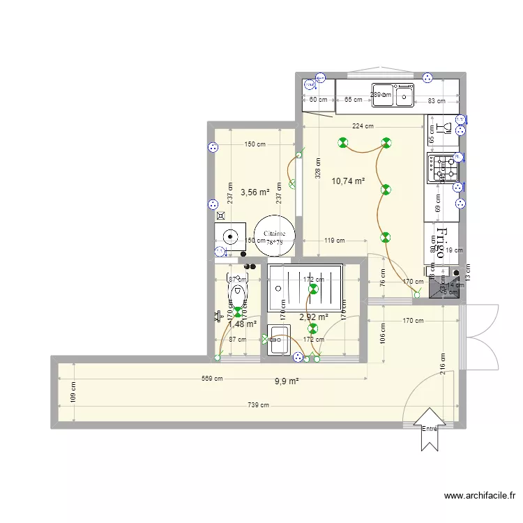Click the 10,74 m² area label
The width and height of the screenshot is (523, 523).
click(x=348, y=181)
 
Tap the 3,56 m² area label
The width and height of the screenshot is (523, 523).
click(x=255, y=192)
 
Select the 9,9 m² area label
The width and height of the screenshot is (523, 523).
click(x=287, y=381)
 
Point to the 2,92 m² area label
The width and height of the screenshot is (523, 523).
click(x=313, y=317)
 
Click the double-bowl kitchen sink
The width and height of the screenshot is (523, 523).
click(x=393, y=96)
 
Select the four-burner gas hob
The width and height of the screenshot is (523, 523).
click(x=444, y=168)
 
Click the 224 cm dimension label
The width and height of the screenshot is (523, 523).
click(x=363, y=126)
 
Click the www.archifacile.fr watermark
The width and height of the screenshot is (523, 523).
click(x=480, y=497)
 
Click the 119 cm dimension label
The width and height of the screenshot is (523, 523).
click(x=334, y=241)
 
